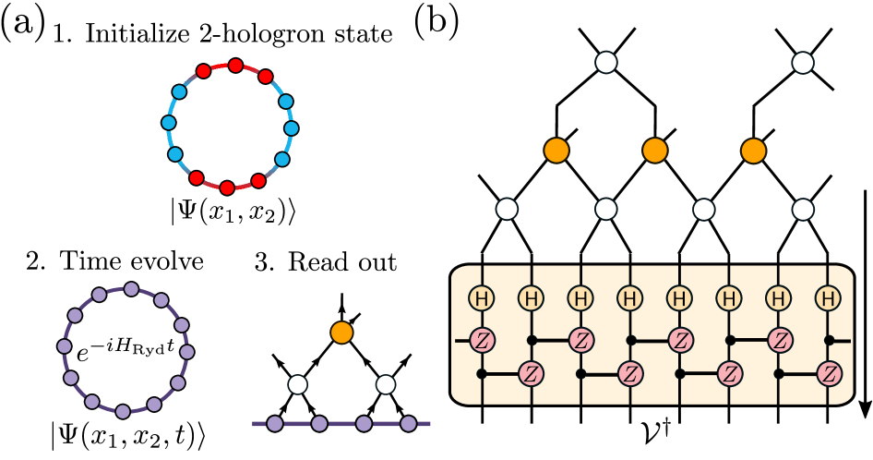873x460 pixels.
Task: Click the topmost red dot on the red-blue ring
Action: coord(235,66)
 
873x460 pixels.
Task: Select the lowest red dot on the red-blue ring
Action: coord(227,188)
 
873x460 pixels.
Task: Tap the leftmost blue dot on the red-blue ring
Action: coord(169,123)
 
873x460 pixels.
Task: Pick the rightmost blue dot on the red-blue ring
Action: coord(292,128)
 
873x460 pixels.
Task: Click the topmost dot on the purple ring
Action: coord(131,289)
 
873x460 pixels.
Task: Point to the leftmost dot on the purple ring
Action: coord(65,346)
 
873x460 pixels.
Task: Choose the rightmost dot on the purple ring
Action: coord(187,352)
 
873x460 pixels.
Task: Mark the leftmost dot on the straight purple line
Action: coord(275,424)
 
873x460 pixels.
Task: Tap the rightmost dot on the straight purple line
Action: coord(408,424)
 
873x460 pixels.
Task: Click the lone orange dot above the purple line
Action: coord(341,333)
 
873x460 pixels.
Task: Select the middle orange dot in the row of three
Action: coord(655,151)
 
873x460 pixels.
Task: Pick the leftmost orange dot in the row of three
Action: coord(556,151)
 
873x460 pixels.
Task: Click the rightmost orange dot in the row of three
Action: coord(754,151)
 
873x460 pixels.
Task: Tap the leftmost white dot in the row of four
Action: coord(507,209)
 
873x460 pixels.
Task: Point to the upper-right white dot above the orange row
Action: coord(803,63)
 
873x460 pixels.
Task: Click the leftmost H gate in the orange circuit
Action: coord(482,298)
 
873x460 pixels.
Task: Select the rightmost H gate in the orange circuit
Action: coord(828,298)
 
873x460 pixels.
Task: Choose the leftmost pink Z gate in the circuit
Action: coord(482,340)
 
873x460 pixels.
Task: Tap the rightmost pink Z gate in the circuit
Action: coord(829,374)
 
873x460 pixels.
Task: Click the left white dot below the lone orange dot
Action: coord(297,384)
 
